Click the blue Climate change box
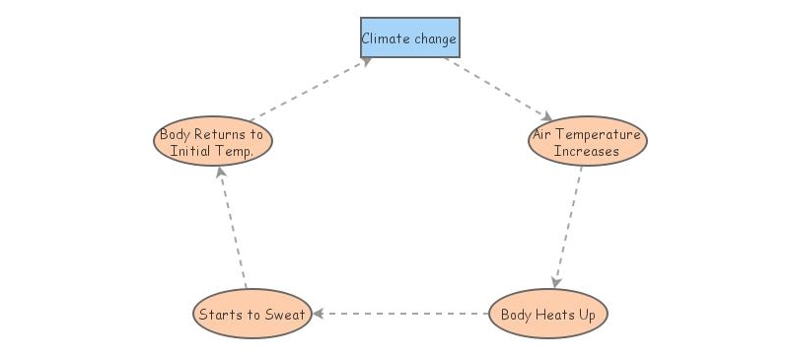click(409, 38)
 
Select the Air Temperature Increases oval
click(587, 142)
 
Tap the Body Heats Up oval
click(547, 315)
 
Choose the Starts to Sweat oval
click(251, 315)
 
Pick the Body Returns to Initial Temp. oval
click(212, 142)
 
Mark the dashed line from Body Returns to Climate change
click(306, 91)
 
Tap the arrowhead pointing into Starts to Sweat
click(319, 314)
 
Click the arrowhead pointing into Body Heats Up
click(556, 282)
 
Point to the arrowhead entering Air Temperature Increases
click(546, 117)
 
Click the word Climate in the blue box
click(380, 38)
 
